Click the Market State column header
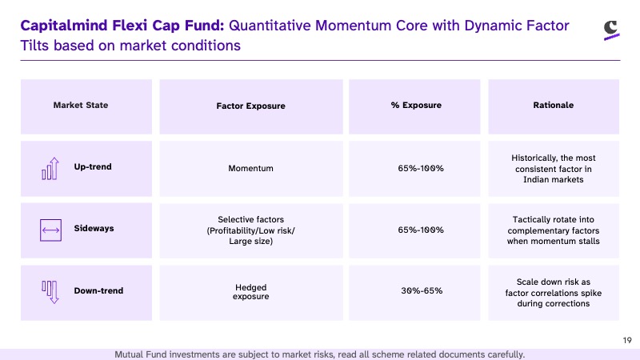click(x=81, y=106)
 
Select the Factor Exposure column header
click(x=250, y=106)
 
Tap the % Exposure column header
click(x=416, y=106)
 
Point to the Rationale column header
click(x=553, y=106)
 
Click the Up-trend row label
click(x=93, y=167)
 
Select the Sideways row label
click(x=94, y=229)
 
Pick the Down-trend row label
click(x=98, y=290)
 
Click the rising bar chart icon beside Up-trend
click(x=50, y=169)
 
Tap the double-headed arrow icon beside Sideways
click(x=50, y=230)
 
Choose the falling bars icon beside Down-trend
click(x=50, y=292)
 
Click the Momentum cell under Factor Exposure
click(x=250, y=168)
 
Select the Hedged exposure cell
click(x=250, y=292)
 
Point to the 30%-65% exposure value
click(x=422, y=290)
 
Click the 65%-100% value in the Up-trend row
click(x=421, y=168)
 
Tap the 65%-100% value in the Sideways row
click(x=421, y=230)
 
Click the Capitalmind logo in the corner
click(x=611, y=30)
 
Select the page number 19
click(x=627, y=341)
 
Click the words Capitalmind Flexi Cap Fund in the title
click(x=122, y=26)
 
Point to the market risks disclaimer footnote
click(x=319, y=354)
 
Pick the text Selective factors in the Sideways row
click(x=250, y=219)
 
